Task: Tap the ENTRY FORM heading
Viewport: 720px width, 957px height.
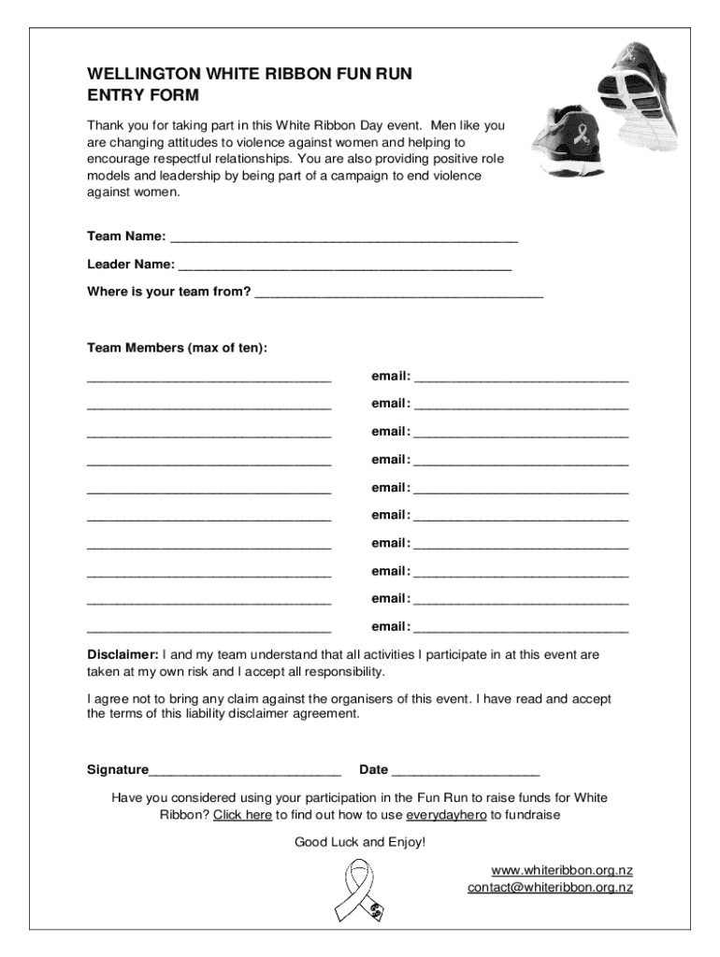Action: [x=143, y=95]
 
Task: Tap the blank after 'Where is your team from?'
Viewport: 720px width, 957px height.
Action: [x=398, y=293]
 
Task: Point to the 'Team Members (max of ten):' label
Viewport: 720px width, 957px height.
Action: [x=177, y=348]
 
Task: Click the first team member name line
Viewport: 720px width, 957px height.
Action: [x=209, y=379]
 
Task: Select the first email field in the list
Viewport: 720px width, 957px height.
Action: [x=521, y=379]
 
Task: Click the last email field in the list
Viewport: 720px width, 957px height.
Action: [x=521, y=629]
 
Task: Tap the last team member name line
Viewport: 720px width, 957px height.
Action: [x=209, y=629]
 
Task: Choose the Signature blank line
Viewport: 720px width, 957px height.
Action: [x=245, y=772]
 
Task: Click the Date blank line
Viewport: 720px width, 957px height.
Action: [x=466, y=772]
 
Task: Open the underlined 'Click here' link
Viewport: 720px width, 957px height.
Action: [x=242, y=815]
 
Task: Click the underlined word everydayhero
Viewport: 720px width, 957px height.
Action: [x=446, y=815]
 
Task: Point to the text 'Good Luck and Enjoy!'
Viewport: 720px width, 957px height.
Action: [x=360, y=842]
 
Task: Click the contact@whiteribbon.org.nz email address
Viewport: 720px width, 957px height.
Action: [x=550, y=888]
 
